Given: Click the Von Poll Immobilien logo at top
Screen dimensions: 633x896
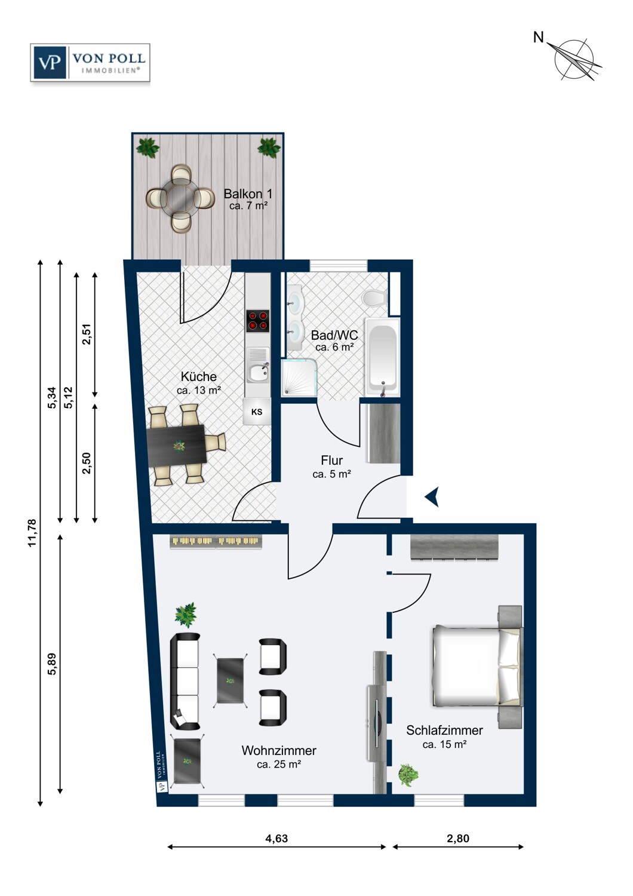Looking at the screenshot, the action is click(x=90, y=63).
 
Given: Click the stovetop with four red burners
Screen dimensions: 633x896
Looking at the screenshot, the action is click(x=257, y=321).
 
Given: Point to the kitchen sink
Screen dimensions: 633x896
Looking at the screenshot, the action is click(x=257, y=370).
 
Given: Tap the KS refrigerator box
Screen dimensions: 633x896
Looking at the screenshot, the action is click(x=257, y=412).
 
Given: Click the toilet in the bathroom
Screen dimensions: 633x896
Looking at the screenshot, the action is click(x=374, y=297).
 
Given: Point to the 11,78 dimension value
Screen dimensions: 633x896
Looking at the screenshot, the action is click(x=32, y=533).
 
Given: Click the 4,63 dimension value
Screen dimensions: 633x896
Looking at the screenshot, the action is click(x=276, y=838).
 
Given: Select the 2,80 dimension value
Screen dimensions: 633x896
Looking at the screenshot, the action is click(x=458, y=838).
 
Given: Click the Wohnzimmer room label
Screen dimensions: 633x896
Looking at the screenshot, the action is click(x=279, y=750).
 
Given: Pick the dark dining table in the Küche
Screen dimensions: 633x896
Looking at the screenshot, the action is click(x=177, y=446).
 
